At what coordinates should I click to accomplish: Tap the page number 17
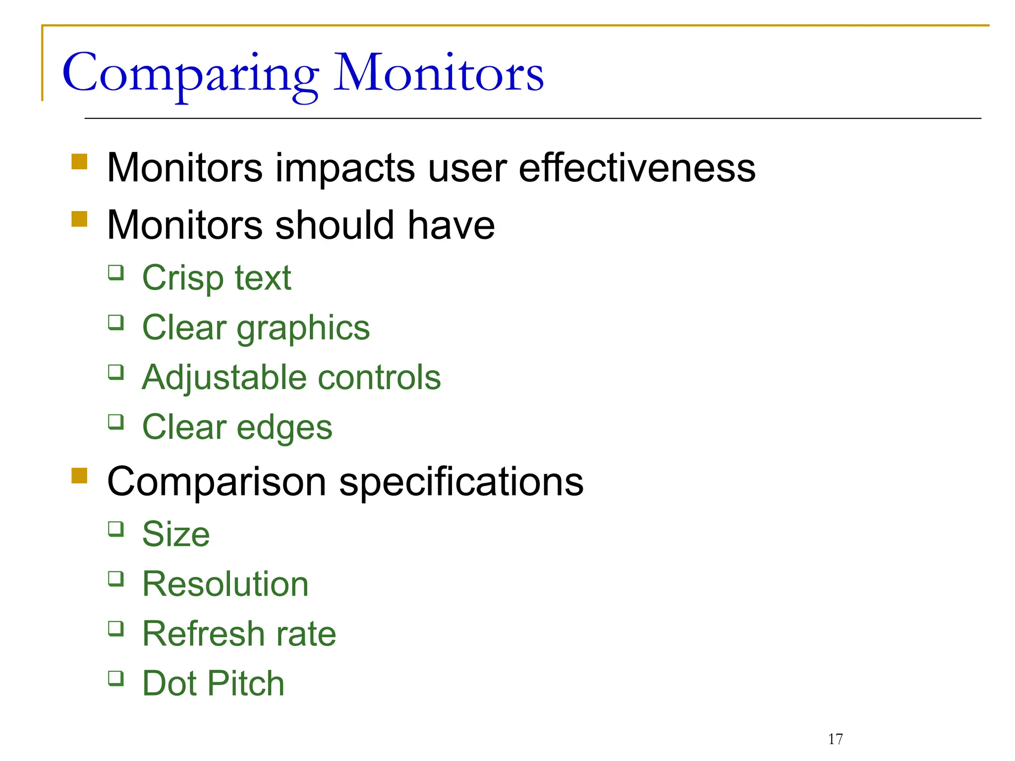[835, 739]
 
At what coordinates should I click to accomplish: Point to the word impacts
[345, 168]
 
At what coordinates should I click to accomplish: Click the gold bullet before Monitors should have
[79, 218]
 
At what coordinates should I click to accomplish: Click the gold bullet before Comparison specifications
[79, 475]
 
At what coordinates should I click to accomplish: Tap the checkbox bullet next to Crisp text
[116, 272]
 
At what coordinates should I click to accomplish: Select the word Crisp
[182, 278]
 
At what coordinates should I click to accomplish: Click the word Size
[176, 534]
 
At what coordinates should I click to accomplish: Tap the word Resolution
[225, 584]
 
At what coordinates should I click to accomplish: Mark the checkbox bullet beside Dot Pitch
[116, 678]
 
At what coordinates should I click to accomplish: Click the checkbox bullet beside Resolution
[116, 578]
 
